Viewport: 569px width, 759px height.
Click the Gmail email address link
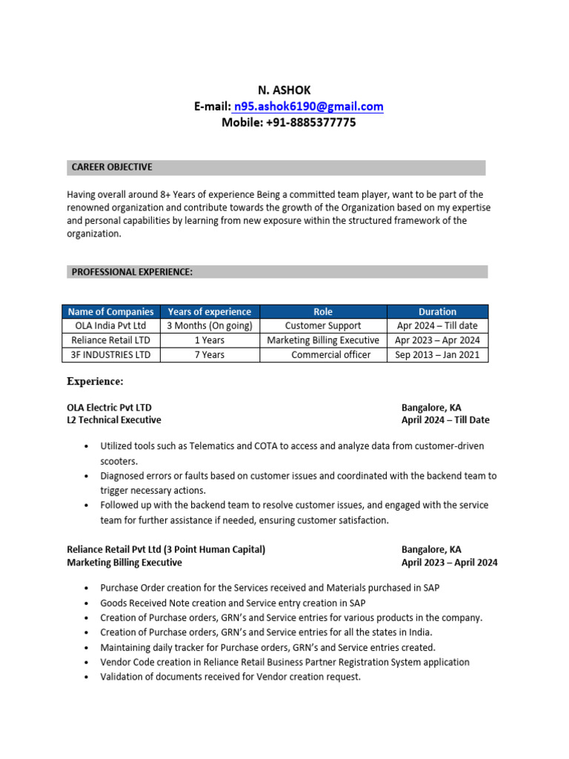[309, 106]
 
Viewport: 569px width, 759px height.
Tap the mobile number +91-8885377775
[288, 122]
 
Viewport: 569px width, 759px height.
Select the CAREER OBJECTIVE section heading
[112, 168]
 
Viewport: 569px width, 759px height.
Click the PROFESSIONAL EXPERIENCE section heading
[132, 272]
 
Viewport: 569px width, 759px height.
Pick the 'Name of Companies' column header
[110, 311]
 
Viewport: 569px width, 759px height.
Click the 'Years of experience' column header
[210, 311]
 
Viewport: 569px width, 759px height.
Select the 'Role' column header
[323, 311]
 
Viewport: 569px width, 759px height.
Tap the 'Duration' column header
[437, 311]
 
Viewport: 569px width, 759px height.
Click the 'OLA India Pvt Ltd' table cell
[110, 325]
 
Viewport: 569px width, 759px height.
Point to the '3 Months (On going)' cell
[210, 325]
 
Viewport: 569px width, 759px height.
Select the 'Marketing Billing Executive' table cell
[323, 340]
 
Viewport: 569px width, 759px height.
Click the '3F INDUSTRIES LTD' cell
[110, 355]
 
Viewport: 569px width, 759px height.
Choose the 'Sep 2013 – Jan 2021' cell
[437, 355]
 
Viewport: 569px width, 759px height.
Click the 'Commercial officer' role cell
[330, 355]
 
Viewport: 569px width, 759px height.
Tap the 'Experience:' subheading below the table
[95, 382]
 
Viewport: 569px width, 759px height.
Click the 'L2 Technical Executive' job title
[113, 420]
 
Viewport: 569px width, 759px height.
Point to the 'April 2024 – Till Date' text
[445, 420]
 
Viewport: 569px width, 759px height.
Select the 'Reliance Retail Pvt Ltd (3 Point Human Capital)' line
[166, 549]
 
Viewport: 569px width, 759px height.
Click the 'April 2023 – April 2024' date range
[450, 563]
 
